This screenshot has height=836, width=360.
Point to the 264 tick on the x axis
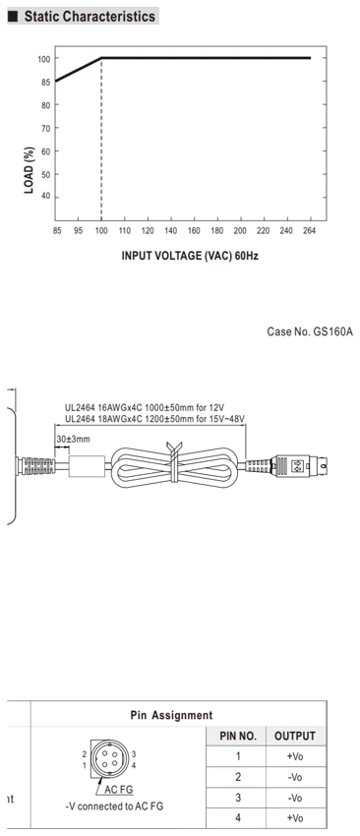click(309, 231)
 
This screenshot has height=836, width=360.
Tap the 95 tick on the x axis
click(78, 231)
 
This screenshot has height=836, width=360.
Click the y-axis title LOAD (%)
click(30, 169)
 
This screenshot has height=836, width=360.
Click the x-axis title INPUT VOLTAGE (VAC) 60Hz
click(190, 256)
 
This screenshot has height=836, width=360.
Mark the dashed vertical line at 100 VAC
click(101, 139)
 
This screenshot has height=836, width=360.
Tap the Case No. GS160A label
click(309, 332)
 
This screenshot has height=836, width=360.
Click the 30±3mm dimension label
click(73, 440)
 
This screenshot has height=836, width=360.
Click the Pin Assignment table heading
click(171, 715)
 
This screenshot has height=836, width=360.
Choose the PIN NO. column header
click(238, 737)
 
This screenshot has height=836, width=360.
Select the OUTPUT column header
click(295, 737)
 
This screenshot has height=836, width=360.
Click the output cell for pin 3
click(295, 798)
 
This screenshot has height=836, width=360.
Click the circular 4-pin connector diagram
click(109, 759)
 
